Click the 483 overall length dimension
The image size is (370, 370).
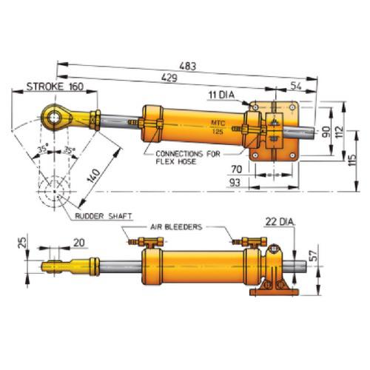click(x=188, y=66)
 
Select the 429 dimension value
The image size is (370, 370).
click(x=169, y=78)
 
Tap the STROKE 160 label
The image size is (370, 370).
click(x=55, y=87)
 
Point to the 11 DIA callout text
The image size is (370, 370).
click(x=221, y=95)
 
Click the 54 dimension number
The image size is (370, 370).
click(x=296, y=86)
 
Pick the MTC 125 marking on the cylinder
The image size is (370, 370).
click(x=218, y=127)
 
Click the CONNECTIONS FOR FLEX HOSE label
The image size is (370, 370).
click(x=188, y=158)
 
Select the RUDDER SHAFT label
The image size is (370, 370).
click(x=104, y=216)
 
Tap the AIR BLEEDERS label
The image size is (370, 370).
click(x=176, y=226)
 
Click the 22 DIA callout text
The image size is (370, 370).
click(x=280, y=222)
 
